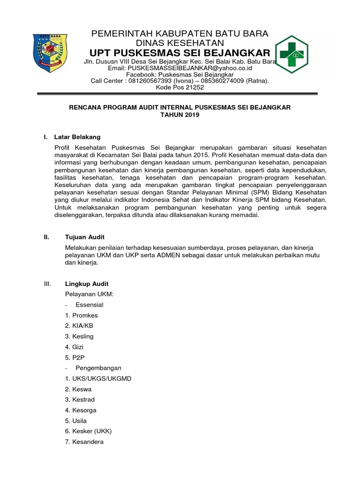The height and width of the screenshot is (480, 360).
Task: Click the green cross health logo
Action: [291, 55]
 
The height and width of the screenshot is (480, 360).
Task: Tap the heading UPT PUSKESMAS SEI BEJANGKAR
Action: [180, 52]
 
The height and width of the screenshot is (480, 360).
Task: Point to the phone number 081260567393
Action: [150, 81]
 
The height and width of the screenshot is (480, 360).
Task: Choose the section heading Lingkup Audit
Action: [87, 284]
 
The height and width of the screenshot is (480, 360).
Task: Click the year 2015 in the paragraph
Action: [202, 155]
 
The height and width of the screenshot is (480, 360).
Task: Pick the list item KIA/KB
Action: [79, 326]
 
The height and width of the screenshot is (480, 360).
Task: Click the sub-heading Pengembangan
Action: [98, 368]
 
